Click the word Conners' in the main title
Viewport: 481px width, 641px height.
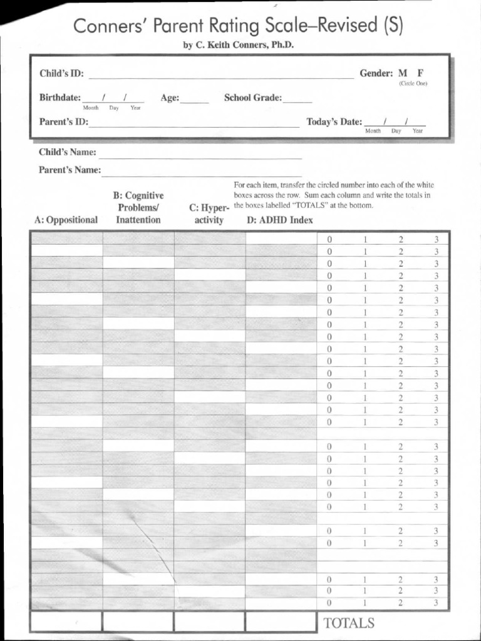click(108, 26)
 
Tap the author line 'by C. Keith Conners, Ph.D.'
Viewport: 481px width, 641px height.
click(238, 45)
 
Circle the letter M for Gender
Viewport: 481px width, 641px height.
click(402, 73)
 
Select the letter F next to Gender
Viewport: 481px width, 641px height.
click(420, 73)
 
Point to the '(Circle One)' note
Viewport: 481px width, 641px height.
click(413, 84)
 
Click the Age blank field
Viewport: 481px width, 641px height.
click(195, 99)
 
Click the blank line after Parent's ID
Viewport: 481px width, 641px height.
click(194, 123)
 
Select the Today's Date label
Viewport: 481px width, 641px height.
click(334, 122)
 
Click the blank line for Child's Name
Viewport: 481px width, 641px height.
click(200, 154)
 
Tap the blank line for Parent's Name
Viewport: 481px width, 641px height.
click(201, 172)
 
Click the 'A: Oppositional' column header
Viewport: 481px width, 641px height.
click(66, 220)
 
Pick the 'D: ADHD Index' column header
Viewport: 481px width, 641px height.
click(280, 220)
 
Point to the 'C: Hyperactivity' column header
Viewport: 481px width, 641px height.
click(209, 214)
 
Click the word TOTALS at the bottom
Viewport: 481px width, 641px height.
click(349, 623)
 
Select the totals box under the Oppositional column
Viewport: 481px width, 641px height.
click(66, 622)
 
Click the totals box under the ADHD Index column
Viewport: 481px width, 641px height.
click(281, 622)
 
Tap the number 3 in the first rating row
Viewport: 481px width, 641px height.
click(437, 239)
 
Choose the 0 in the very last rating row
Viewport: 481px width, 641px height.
click(329, 603)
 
